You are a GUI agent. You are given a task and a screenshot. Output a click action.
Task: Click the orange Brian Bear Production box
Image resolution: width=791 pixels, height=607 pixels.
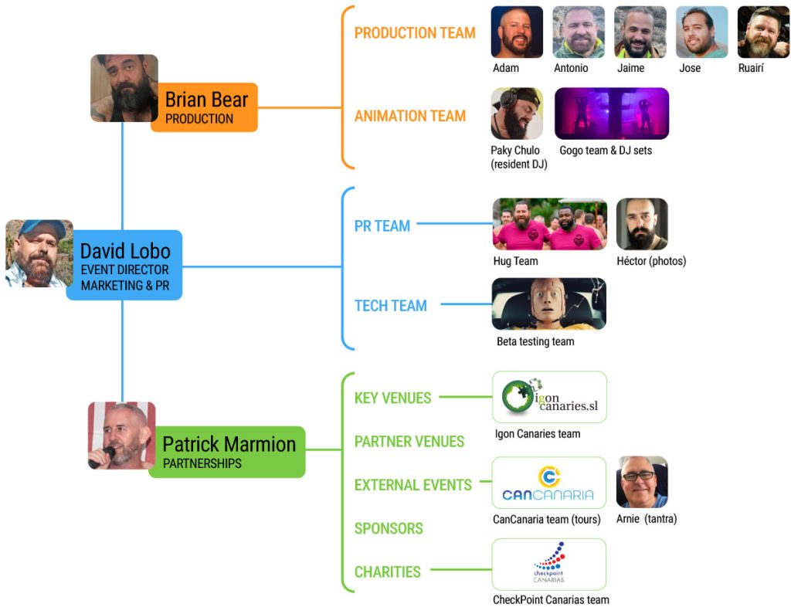205,107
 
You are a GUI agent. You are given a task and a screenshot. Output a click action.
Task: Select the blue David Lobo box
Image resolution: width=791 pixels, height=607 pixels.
125,265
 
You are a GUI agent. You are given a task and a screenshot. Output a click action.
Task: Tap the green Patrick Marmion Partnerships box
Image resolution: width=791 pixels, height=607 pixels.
228,452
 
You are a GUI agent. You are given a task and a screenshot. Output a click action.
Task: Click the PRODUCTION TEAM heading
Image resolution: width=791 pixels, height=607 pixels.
415,33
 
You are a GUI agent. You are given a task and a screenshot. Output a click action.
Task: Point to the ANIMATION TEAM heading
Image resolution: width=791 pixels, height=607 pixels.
409,116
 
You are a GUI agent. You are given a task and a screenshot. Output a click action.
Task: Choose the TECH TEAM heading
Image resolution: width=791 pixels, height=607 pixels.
390,306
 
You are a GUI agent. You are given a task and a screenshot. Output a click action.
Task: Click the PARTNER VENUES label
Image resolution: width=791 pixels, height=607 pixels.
409,442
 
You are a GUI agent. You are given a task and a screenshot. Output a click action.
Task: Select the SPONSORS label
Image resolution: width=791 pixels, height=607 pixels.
388,529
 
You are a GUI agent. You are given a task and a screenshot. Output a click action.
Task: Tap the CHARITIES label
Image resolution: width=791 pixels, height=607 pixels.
387,572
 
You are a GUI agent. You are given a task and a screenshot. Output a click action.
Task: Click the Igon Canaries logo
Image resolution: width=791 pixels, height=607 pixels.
549,397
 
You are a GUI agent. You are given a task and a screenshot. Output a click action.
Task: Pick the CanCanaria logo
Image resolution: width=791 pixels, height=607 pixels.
548,483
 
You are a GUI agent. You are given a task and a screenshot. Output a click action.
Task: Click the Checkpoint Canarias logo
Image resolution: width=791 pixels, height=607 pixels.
548,565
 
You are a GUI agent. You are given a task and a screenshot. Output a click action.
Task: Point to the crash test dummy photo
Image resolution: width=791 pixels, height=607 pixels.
548,304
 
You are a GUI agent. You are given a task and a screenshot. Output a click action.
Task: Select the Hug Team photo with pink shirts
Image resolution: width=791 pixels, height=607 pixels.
549,225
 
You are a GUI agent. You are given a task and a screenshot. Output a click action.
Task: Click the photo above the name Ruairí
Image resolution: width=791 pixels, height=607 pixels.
763,32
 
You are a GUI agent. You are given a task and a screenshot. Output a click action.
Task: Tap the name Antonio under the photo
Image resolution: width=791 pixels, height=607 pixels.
571,68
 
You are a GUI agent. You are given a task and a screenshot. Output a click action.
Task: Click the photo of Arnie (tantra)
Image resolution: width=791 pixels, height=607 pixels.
642,482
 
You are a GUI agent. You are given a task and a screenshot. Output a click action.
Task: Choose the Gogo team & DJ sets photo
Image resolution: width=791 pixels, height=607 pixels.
611,114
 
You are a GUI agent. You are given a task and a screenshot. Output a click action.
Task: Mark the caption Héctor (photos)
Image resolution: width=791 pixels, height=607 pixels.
651,261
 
